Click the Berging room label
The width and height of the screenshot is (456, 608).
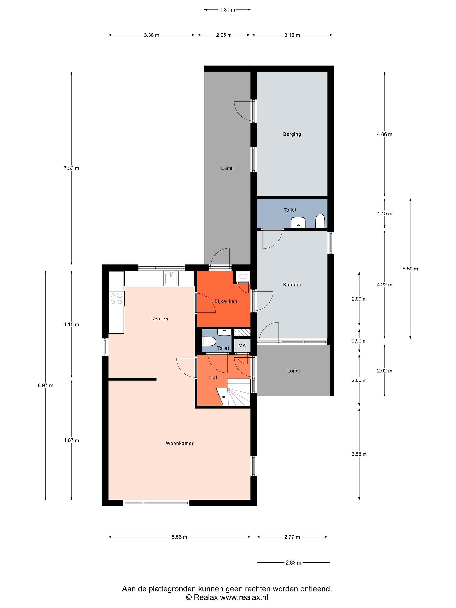point(292,134)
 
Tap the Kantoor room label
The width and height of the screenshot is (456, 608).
point(292,285)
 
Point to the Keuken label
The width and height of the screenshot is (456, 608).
point(159,319)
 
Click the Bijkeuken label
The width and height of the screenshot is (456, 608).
point(226,301)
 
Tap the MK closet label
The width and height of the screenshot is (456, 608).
point(242,345)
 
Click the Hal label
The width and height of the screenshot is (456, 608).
point(213,377)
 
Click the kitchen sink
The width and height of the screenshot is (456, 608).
point(171,278)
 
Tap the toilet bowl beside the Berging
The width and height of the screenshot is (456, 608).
point(320,221)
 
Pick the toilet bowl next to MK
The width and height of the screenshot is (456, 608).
point(209,342)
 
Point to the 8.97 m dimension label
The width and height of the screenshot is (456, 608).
point(46,385)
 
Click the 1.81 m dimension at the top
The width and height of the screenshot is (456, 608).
point(227,10)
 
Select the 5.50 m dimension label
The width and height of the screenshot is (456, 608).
point(410,269)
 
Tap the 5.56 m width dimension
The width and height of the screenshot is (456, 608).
point(179,537)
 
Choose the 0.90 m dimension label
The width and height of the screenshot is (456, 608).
point(359,341)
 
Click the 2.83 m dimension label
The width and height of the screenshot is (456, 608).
point(293,563)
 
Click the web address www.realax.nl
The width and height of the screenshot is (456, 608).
point(244,597)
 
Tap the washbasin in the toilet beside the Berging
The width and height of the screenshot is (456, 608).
point(298,222)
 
